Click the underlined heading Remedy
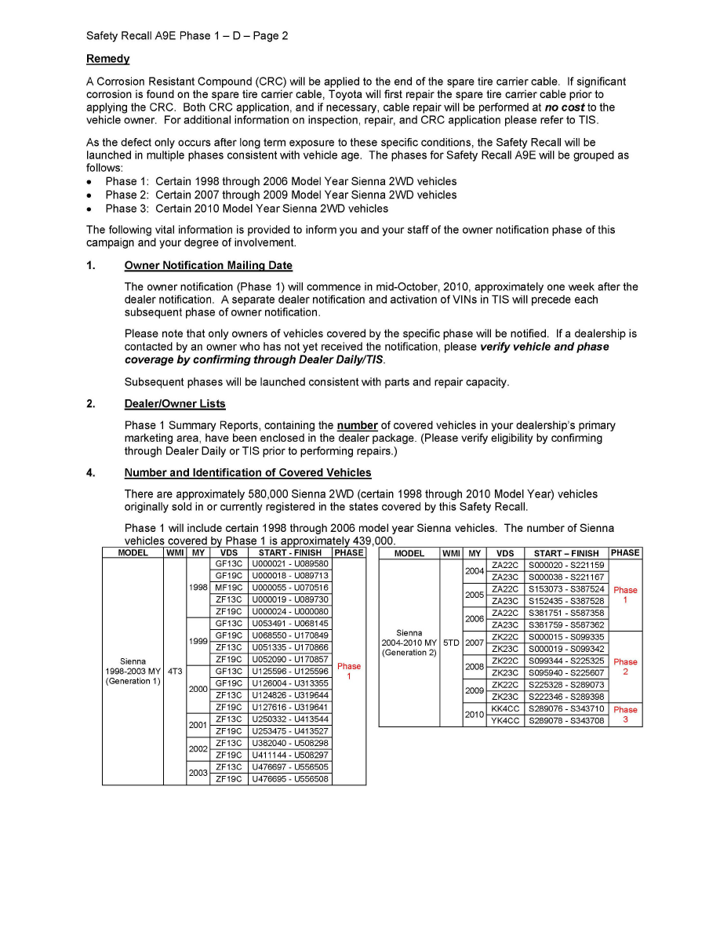pos(107,59)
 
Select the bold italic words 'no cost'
pos(565,107)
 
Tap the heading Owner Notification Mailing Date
pos(208,265)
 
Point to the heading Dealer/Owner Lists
pos(175,403)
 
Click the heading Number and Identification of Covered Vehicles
pos(248,472)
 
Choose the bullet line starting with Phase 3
pos(246,209)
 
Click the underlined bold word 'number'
pos(358,425)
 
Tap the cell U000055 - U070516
pos(289,588)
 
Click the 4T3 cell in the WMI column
pos(175,672)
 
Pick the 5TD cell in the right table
pos(451,643)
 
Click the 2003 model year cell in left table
pos(198,773)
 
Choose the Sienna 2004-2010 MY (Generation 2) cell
pos(409,643)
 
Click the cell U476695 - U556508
pos(289,779)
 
